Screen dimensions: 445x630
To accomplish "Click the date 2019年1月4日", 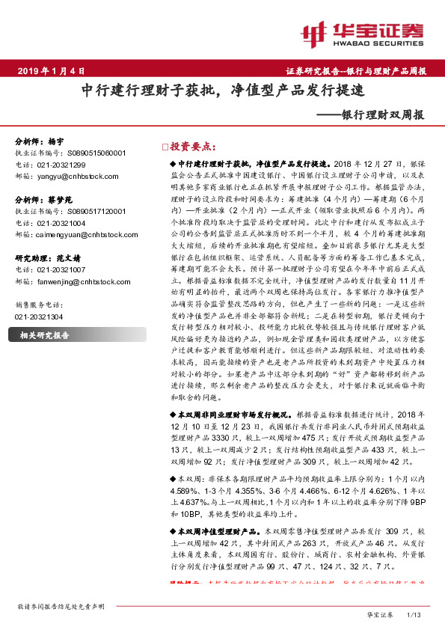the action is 49,72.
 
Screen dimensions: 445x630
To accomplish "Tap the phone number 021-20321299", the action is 61,164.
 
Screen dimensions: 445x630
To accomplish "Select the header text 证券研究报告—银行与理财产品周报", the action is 355,72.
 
